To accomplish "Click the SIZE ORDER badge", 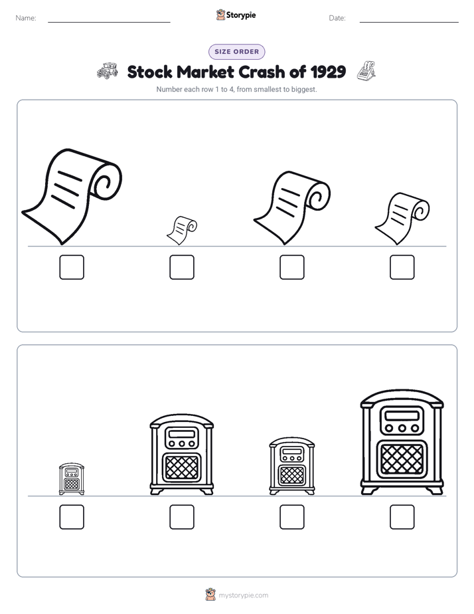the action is tap(236, 52).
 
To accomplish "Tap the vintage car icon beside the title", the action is tap(108, 71).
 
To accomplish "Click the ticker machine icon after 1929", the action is tap(366, 71).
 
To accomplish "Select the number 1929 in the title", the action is tap(328, 72).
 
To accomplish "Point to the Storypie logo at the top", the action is tap(236, 15).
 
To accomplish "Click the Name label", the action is tap(26, 18).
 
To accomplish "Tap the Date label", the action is tap(337, 18).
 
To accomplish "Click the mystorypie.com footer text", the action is tap(243, 595).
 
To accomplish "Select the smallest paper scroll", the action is tap(182, 230).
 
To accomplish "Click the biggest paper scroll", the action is tap(72, 196).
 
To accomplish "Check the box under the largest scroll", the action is tap(72, 267).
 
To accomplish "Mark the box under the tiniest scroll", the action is tap(182, 267).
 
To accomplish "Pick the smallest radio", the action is tap(72, 479).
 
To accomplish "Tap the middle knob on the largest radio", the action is tap(402, 428).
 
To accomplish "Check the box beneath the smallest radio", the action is tap(72, 517).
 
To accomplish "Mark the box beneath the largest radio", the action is tap(402, 517).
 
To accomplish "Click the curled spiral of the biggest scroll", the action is tap(106, 181).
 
